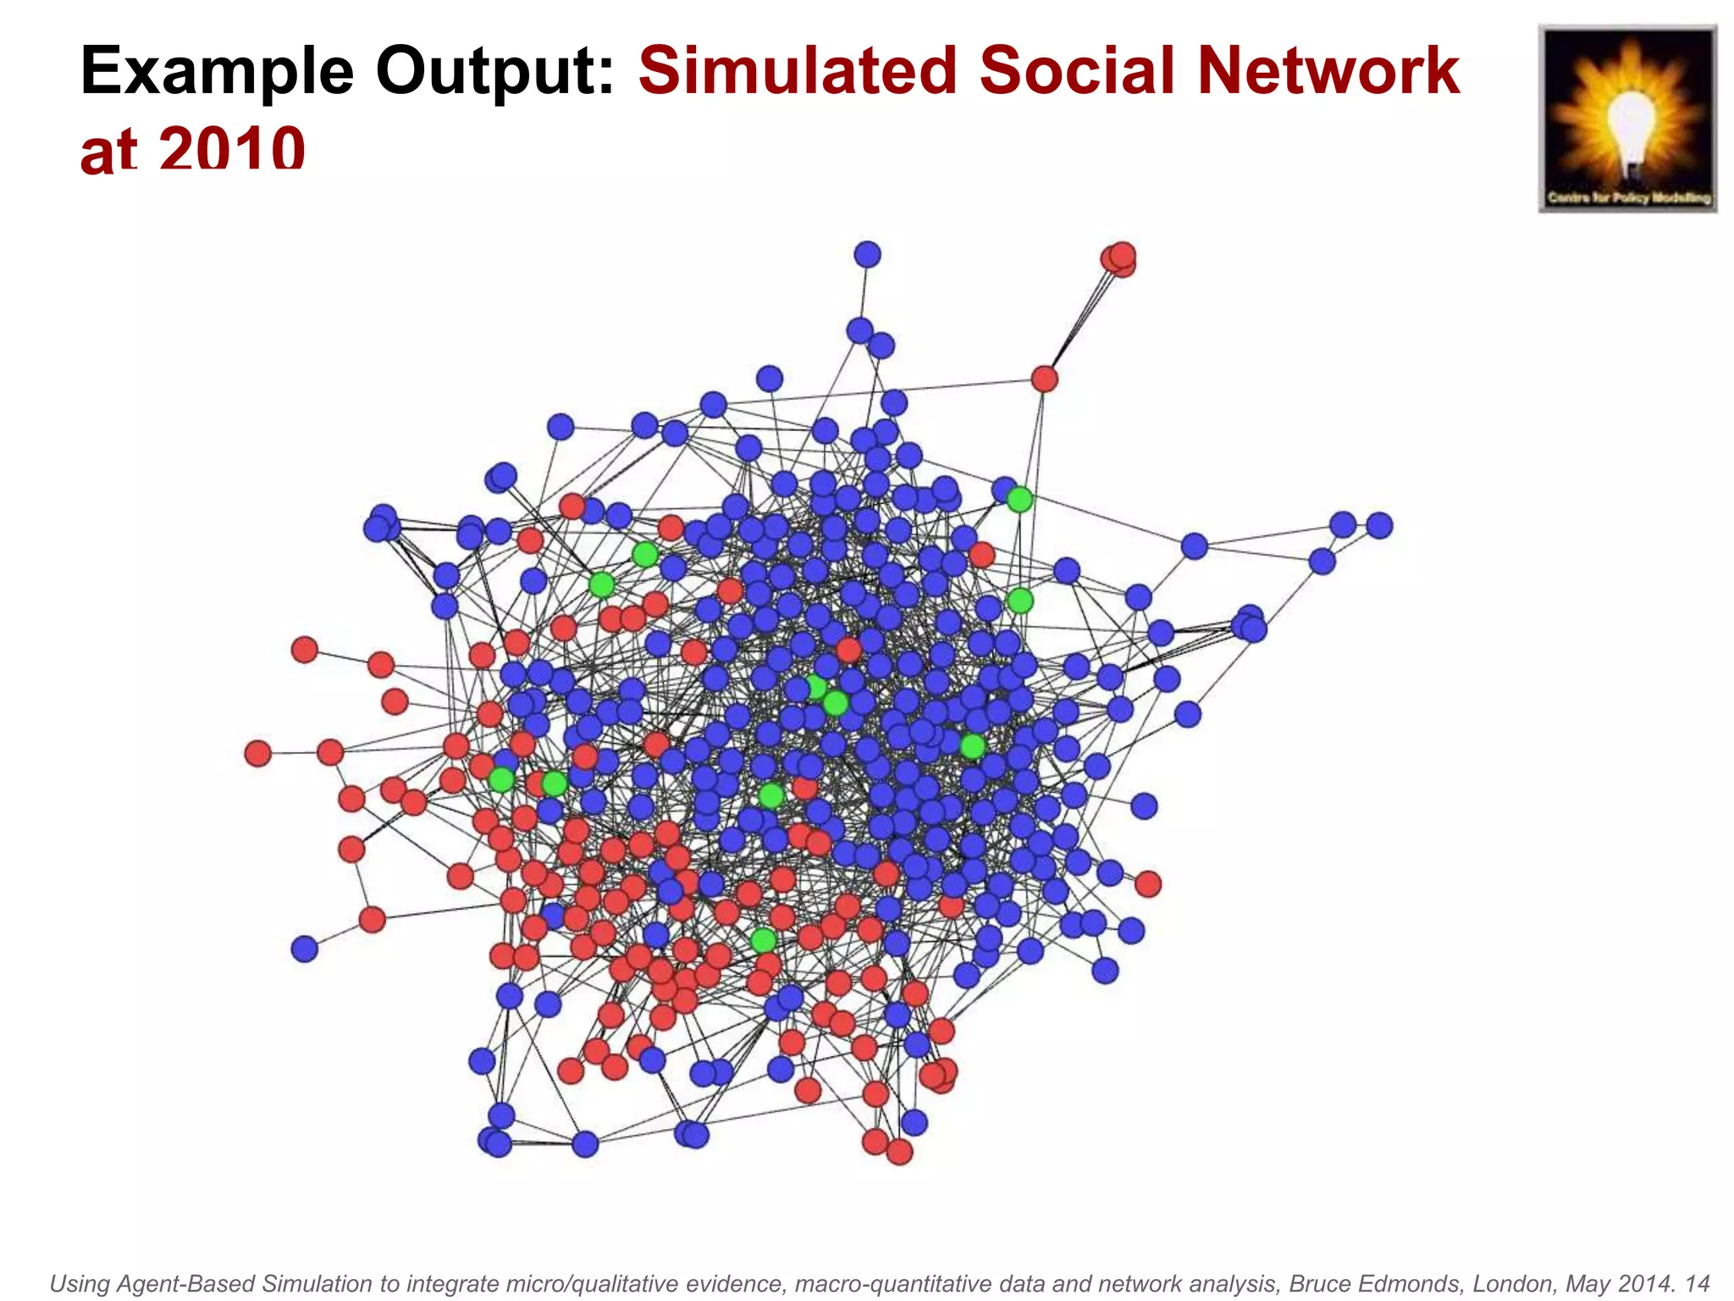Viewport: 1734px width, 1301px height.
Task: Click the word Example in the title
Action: [x=217, y=71]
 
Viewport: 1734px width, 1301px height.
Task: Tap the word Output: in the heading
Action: [x=495, y=71]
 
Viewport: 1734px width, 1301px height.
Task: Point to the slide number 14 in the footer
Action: [x=1696, y=1284]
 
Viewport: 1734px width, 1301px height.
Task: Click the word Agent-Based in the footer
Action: [x=186, y=1284]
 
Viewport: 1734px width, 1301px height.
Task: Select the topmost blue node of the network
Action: [x=867, y=254]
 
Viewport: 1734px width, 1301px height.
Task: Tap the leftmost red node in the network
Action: [x=257, y=753]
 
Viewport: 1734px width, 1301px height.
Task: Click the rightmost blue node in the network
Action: [x=1379, y=525]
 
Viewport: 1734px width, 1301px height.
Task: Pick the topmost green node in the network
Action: [x=1019, y=500]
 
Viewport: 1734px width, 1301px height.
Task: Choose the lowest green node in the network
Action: [x=763, y=940]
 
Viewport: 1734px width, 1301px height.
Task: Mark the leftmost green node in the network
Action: [x=501, y=779]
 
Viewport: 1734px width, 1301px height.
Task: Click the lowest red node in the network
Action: [x=899, y=1152]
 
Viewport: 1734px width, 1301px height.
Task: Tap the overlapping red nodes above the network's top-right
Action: [x=1118, y=259]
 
